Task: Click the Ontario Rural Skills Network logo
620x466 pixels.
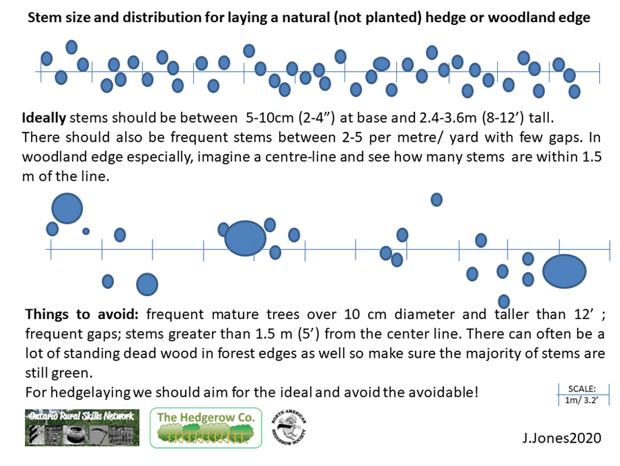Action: point(82,427)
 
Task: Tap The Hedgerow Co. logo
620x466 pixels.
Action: point(206,427)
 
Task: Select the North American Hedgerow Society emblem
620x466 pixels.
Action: point(289,428)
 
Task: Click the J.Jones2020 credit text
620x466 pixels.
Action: point(561,438)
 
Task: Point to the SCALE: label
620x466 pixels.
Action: point(581,389)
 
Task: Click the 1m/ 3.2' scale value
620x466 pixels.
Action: point(581,400)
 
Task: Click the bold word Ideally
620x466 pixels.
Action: point(44,118)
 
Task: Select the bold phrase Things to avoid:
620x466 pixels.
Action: point(82,314)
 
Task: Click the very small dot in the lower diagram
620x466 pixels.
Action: point(86,231)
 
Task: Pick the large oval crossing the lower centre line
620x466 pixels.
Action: point(245,238)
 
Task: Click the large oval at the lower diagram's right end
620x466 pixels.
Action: point(564,271)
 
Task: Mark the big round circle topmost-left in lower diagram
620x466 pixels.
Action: point(67,208)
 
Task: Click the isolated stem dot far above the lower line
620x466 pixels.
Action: point(436,200)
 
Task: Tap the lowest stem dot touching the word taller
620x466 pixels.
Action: point(504,301)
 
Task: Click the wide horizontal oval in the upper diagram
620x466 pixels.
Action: point(382,64)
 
